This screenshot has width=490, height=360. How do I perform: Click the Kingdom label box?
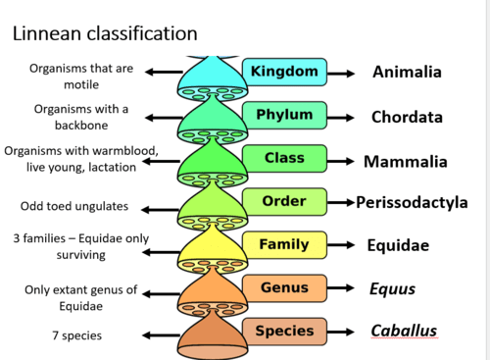[284, 72]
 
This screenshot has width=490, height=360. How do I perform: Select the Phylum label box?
[284, 116]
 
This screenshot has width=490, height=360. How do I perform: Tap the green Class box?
[284, 159]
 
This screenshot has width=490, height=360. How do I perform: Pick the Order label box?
[284, 202]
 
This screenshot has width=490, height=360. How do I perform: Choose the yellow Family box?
[284, 244]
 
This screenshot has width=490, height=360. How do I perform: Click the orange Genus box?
[284, 287]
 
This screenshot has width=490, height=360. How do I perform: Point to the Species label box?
[284, 331]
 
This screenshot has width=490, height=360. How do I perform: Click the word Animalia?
[407, 72]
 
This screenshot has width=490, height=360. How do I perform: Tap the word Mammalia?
[405, 161]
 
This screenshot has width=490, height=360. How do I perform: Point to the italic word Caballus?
[404, 331]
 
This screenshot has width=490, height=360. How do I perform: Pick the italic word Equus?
[391, 288]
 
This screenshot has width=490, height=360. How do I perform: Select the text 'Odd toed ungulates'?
[73, 207]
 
